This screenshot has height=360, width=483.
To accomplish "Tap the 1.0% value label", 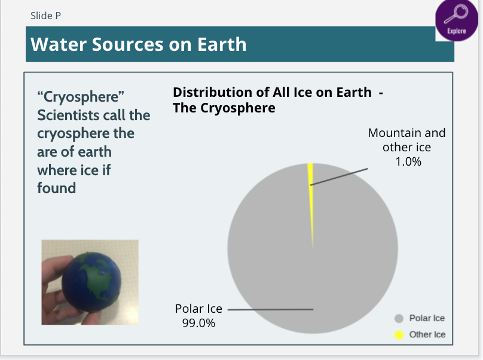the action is (x=408, y=161).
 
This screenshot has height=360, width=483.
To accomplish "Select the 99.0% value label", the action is (x=198, y=323).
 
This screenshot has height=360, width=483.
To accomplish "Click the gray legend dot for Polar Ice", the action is (x=399, y=318).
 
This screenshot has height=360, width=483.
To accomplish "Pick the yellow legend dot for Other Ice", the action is (x=399, y=335).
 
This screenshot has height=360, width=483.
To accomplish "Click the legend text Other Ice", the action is (x=427, y=334).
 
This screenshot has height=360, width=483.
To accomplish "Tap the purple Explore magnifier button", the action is (x=457, y=20).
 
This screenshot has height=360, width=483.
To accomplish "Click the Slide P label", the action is (x=45, y=16).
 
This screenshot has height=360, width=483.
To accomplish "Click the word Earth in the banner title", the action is (x=222, y=44).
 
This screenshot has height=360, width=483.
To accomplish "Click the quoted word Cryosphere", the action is (x=81, y=97).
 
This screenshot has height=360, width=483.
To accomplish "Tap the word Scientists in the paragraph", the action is (x=65, y=115).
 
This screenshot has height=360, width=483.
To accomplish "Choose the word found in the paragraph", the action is (x=56, y=188).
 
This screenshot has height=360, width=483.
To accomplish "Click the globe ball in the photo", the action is (x=91, y=281).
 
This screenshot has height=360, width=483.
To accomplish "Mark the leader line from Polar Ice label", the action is (x=270, y=309).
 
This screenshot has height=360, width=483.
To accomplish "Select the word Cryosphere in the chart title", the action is (x=238, y=108).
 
